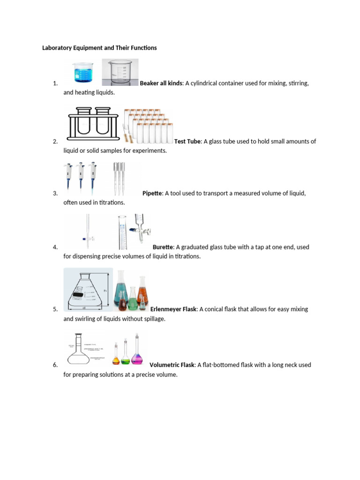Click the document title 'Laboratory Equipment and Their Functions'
coord(99,48)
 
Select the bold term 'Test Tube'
coord(187,141)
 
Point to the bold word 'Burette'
coord(163,247)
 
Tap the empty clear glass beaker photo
coord(120,73)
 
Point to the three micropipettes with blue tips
coord(81,179)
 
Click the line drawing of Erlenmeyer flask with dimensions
coord(88,290)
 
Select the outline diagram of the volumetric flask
coord(84,349)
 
